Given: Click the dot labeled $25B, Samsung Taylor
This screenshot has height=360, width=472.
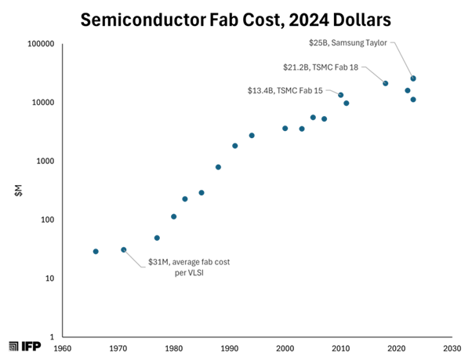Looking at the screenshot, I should (x=413, y=78).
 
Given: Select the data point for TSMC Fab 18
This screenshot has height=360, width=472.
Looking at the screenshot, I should (x=386, y=83).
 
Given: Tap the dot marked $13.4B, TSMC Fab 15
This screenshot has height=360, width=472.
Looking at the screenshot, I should (x=341, y=95).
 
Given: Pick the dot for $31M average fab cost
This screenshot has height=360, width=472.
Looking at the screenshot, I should (x=124, y=249).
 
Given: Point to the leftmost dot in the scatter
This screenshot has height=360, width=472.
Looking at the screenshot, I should (x=96, y=252).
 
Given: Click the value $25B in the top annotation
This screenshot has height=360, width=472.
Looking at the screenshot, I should (x=317, y=43).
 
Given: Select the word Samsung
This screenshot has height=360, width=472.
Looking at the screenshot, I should (x=347, y=43).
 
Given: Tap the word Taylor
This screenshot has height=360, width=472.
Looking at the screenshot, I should (x=377, y=43).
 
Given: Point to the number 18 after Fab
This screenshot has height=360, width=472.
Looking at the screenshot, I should (x=353, y=67).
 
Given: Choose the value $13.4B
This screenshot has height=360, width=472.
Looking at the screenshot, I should (x=260, y=91).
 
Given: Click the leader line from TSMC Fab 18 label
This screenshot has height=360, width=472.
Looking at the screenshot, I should (x=372, y=75).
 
